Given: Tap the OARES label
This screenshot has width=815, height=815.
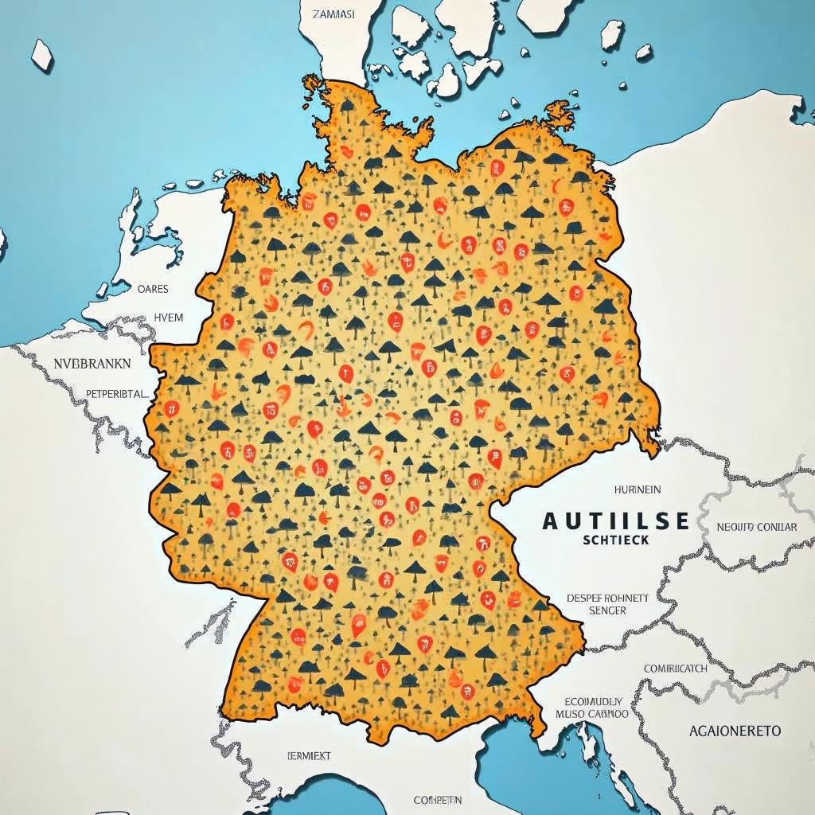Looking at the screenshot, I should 153,290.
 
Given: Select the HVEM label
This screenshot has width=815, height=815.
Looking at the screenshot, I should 168,318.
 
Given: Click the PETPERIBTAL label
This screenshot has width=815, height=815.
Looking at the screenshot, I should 116,393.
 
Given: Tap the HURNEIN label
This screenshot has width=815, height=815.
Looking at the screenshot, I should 638,489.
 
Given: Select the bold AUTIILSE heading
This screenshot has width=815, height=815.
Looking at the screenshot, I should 615,521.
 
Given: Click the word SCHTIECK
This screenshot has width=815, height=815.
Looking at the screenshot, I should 615,540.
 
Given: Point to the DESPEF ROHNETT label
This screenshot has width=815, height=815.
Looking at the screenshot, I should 607,597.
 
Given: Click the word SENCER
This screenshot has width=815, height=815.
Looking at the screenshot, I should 607,610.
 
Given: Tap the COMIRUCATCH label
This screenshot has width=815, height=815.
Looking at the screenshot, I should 675,669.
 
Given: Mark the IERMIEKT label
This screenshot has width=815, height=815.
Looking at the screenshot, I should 308,755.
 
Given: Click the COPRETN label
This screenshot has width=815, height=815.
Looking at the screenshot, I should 438,799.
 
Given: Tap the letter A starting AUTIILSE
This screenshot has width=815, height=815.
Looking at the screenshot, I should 551,521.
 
